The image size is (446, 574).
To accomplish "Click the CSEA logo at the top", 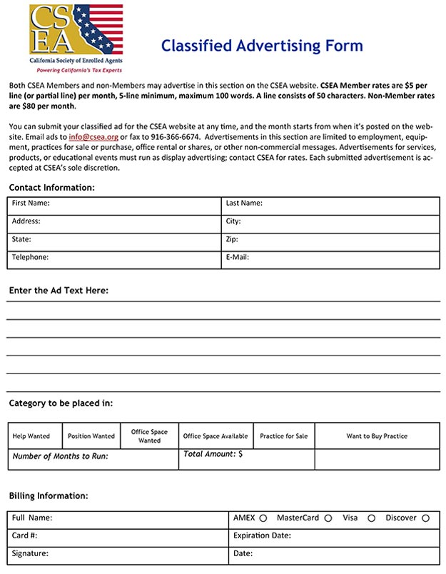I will pos(76,39).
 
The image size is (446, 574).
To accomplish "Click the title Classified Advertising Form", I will pos(262,46).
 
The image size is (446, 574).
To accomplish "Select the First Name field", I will pos(114,204).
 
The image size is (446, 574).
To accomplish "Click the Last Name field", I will pos(330,204).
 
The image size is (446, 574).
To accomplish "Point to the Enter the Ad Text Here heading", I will pos(59,291).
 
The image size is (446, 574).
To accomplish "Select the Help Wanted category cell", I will pos(31,436).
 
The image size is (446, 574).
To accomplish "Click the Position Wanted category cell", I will pos(91,436).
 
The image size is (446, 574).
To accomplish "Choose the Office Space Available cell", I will pos(216,436).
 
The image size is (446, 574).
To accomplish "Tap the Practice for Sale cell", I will pos(283,436).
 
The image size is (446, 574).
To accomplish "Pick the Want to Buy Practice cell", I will pos(377,436).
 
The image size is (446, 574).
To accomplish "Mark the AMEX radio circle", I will pos(263,518).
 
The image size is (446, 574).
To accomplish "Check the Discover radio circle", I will pos(425,518).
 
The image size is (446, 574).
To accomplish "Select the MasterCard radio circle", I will pos(328,518).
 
